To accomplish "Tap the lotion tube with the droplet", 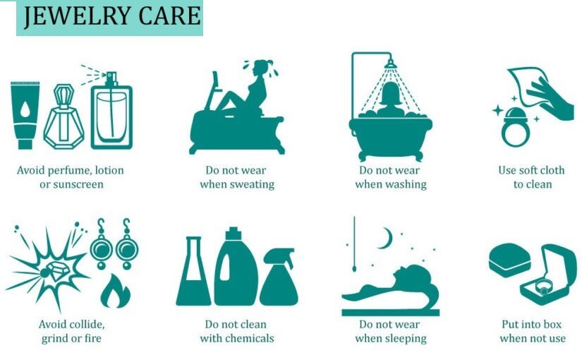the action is pyautogui.click(x=25, y=115).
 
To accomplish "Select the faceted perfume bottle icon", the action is pyautogui.click(x=63, y=116).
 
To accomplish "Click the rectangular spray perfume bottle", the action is pyautogui.click(x=111, y=111).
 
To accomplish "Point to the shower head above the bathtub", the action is pyautogui.click(x=391, y=64).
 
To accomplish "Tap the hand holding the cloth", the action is pyautogui.click(x=551, y=100).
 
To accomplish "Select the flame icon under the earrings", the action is pyautogui.click(x=116, y=292).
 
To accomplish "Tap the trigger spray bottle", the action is pyautogui.click(x=279, y=277).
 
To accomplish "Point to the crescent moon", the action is pyautogui.click(x=387, y=239).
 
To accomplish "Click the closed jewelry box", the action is pyautogui.click(x=510, y=260).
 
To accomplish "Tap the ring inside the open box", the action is pyautogui.click(x=544, y=287).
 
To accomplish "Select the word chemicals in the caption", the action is pyautogui.click(x=250, y=338).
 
